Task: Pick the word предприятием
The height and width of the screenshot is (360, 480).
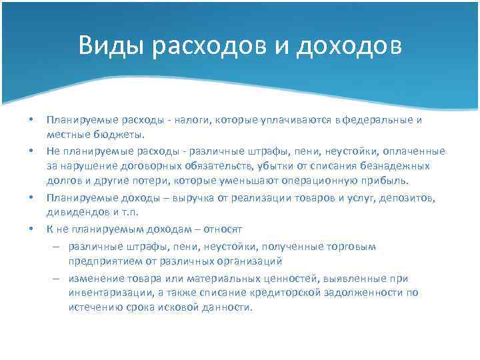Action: pos(101,261)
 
